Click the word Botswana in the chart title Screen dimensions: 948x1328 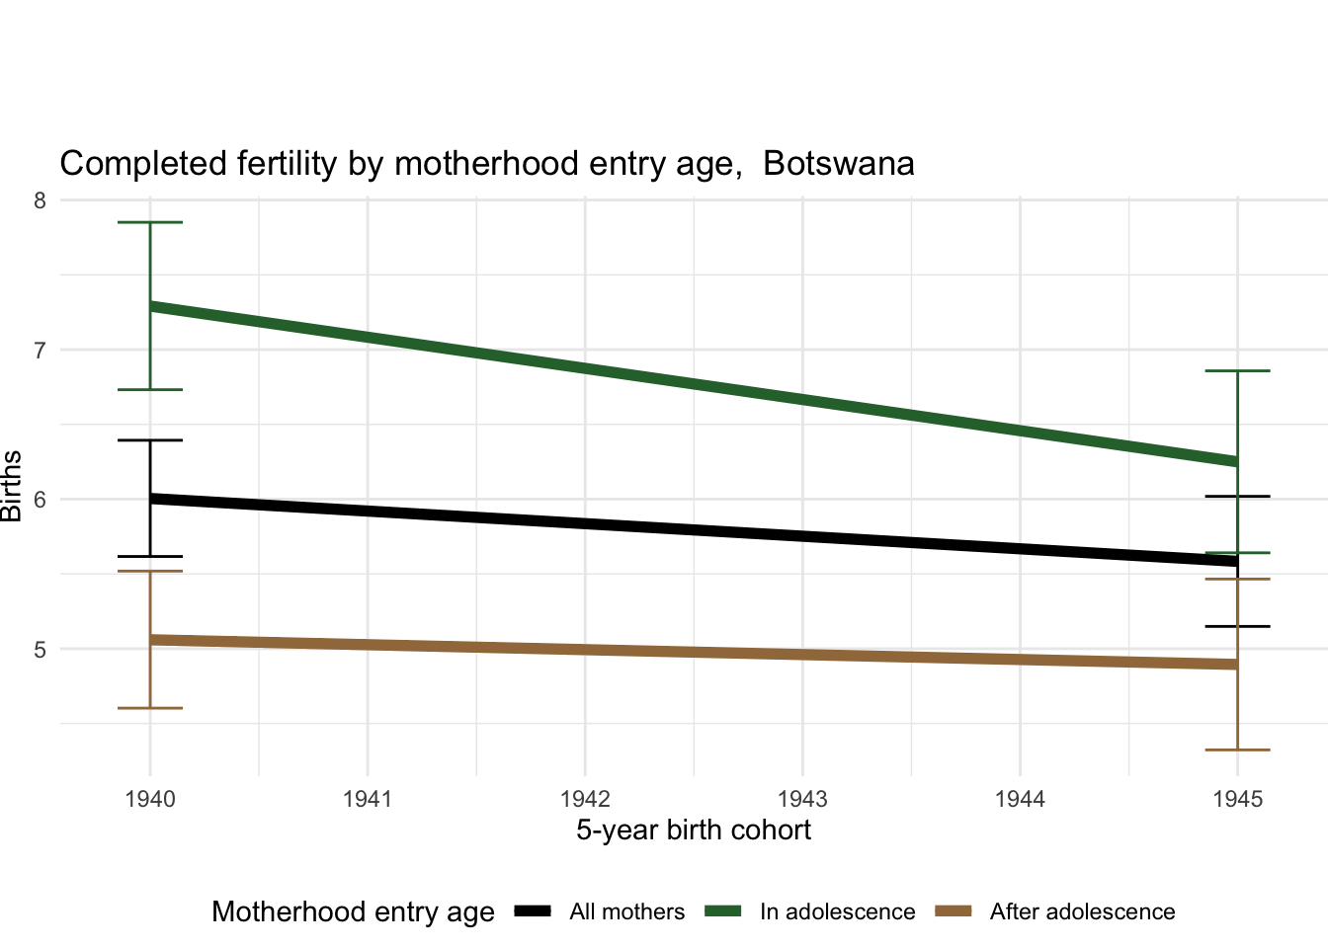click(838, 164)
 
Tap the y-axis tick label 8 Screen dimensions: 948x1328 click(40, 200)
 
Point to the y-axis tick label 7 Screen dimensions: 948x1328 click(40, 351)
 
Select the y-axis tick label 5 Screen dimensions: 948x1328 click(40, 650)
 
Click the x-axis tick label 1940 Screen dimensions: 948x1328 click(150, 799)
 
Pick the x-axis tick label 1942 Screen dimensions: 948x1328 click(585, 799)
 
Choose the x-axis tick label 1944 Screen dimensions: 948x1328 click(1020, 799)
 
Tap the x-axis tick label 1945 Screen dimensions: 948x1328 click(1237, 799)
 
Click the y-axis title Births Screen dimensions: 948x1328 click(12, 486)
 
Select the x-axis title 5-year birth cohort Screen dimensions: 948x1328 click(694, 830)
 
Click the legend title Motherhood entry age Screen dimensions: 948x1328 click(353, 912)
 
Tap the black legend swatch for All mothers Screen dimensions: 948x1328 click(533, 911)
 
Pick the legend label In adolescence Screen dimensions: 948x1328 click(837, 912)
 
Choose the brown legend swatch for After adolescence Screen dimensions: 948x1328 click(954, 911)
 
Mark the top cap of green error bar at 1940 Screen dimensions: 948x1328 click(150, 223)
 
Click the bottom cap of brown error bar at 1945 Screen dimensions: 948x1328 click(1237, 750)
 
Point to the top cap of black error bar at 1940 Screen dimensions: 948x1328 click(150, 440)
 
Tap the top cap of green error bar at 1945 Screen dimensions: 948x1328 click(1237, 371)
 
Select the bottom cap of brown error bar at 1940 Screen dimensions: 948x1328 click(150, 708)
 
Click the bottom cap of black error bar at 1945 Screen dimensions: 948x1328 click(1237, 626)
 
